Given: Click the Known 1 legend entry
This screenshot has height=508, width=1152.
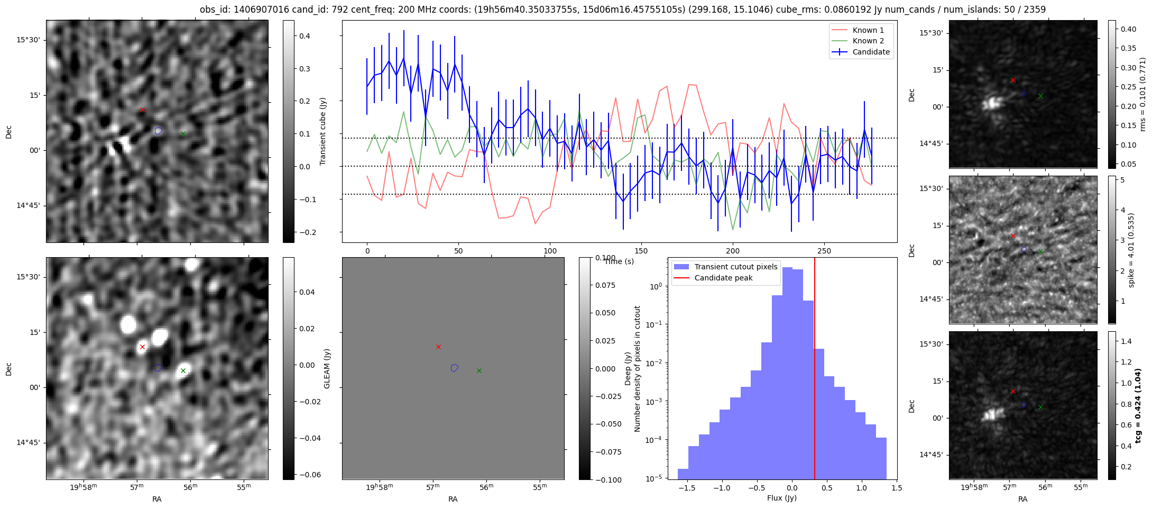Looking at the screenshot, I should click(x=868, y=30).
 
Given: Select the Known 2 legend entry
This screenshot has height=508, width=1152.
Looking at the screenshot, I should click(x=868, y=41).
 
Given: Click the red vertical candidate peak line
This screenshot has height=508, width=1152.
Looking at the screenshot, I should click(x=815, y=370).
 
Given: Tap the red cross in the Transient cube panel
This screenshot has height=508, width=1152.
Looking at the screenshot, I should click(x=142, y=110).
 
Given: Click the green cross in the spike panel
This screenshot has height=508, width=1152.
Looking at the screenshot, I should click(x=1040, y=251).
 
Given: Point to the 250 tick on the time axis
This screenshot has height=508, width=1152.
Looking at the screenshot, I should click(x=824, y=251).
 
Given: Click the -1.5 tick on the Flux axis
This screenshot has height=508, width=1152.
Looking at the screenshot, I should click(x=687, y=488).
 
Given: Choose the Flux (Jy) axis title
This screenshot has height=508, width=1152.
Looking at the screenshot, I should click(x=781, y=498).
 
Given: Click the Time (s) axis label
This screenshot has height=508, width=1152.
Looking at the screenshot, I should click(x=619, y=261).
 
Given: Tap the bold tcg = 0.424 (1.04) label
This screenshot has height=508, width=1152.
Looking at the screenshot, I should click(x=1138, y=406).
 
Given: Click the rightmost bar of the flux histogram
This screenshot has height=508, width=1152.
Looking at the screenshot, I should click(x=881, y=458).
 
